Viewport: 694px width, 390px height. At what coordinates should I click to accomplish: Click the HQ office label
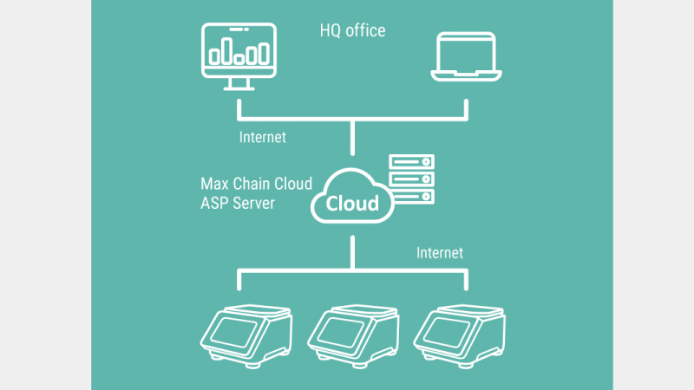point(352,31)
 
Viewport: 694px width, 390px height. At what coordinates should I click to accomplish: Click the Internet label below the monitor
point(262,137)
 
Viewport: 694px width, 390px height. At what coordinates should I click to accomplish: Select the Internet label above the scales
point(440,253)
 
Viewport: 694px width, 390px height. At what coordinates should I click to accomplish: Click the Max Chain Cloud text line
point(256,184)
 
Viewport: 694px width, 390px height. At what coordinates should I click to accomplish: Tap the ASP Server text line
point(238,203)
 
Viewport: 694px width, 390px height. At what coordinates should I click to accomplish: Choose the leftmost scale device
point(245,334)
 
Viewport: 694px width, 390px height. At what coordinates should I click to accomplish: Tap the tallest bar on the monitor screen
point(226,49)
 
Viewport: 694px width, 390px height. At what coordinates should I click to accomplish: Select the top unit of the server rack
point(411,162)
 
